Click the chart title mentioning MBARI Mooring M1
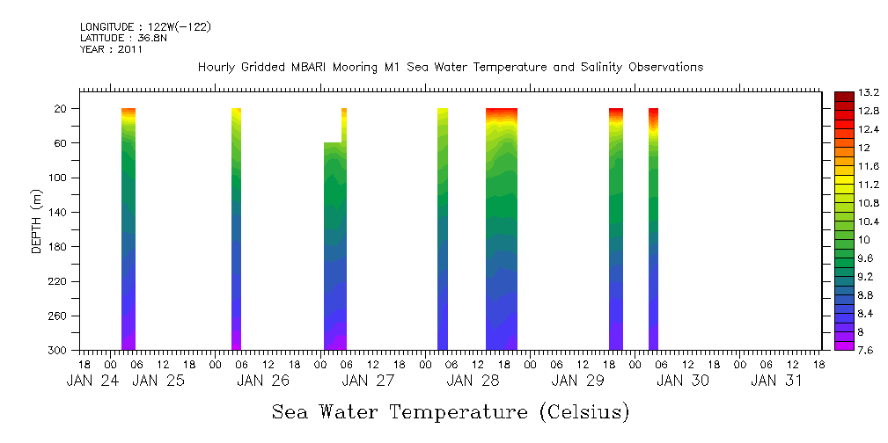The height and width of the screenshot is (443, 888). coord(451,68)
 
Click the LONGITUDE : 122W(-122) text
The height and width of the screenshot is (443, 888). coord(145,27)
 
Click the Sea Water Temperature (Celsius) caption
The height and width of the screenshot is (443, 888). coord(451,411)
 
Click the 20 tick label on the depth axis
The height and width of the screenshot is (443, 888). coord(62,108)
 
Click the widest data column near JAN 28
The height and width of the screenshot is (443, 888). coord(502,229)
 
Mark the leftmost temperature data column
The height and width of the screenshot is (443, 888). coord(128,229)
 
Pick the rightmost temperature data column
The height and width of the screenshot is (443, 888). coord(654,229)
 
